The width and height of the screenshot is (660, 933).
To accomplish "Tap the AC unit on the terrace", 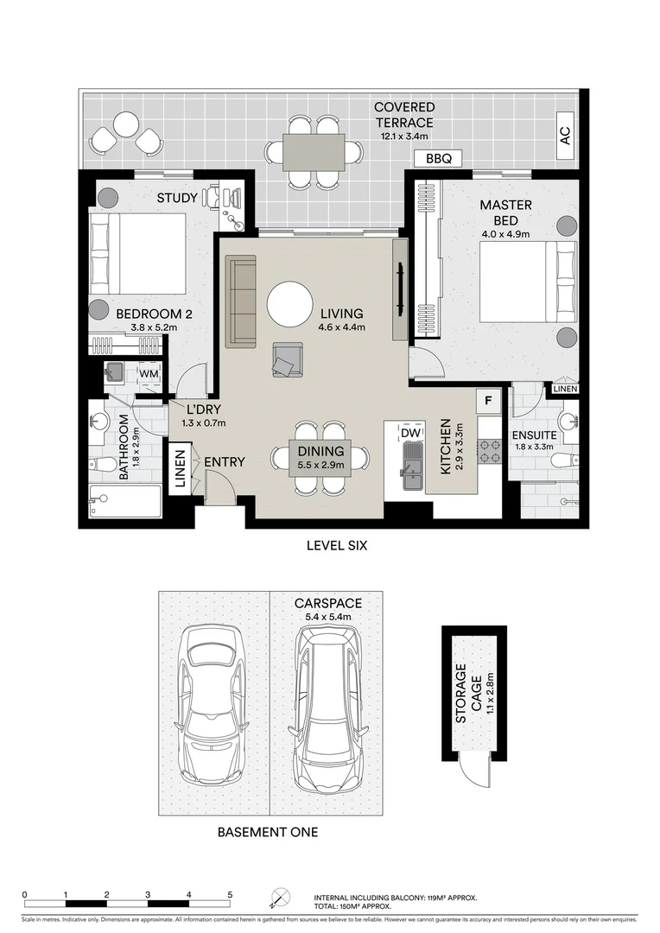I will (566, 136).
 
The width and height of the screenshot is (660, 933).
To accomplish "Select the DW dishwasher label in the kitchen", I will (411, 431).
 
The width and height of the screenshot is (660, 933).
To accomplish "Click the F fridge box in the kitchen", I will (488, 401).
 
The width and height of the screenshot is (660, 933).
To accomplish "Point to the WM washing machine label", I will (148, 373).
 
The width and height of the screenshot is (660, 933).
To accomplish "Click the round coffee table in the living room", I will (290, 304).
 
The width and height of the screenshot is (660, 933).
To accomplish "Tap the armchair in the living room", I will (287, 359).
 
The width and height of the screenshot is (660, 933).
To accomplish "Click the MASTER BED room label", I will (505, 213).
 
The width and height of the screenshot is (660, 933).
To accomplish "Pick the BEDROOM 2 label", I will (148, 314).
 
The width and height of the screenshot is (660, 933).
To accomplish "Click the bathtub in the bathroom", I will (126, 500).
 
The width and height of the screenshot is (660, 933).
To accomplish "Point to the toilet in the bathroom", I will (104, 465).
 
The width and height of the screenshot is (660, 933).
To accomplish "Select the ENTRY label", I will (224, 462).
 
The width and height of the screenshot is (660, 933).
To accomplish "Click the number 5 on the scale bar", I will (230, 895).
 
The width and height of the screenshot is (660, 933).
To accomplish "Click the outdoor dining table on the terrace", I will (314, 151).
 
